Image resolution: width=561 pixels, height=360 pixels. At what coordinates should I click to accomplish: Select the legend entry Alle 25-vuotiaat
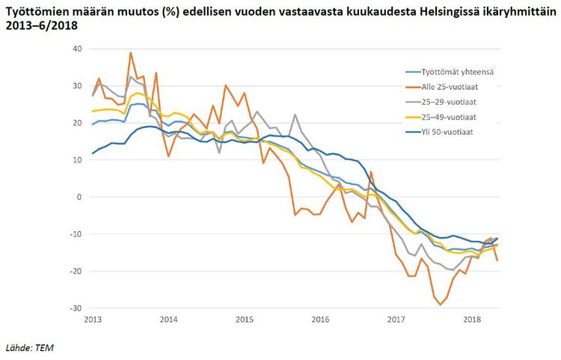[446, 87]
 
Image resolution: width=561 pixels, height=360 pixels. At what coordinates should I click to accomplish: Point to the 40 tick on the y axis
[76, 49]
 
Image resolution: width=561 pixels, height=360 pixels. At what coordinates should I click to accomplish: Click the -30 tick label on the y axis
[75, 308]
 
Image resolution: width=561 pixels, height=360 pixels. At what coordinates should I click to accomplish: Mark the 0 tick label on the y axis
[79, 197]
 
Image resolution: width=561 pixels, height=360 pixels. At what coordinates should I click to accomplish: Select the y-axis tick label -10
[75, 234]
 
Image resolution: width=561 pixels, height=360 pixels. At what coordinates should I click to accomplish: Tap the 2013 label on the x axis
[93, 320]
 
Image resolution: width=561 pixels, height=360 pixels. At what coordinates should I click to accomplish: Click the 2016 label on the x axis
[320, 320]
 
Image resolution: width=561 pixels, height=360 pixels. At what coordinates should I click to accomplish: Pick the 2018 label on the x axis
[472, 320]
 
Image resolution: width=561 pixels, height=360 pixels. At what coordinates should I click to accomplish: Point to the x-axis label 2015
[245, 320]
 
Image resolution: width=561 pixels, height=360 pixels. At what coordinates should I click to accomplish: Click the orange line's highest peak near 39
[131, 52]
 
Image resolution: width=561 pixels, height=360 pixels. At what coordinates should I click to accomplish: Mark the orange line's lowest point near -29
[441, 304]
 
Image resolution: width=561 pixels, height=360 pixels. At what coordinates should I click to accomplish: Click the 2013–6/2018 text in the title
[41, 25]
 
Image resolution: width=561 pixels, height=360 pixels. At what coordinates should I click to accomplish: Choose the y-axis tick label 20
[76, 123]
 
